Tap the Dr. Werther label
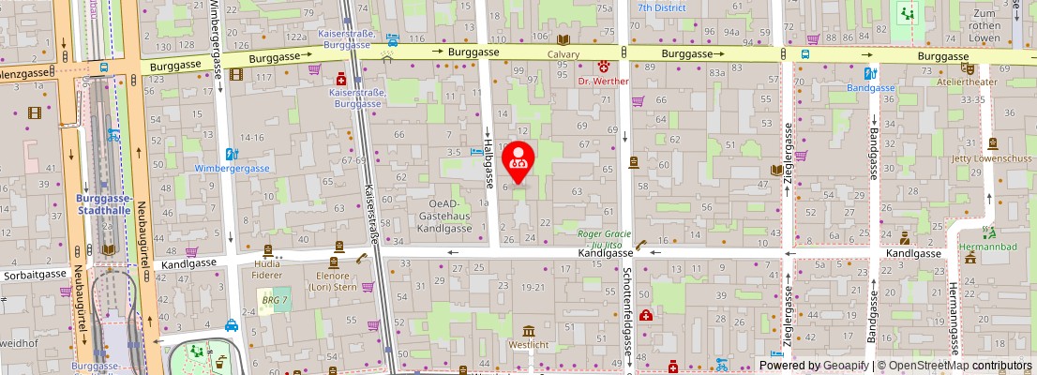603,82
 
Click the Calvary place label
564,54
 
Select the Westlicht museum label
529,344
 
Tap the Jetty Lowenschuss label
991,157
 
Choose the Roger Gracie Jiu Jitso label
605,239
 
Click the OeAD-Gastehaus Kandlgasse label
443,215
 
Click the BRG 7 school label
275,300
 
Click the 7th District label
661,7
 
